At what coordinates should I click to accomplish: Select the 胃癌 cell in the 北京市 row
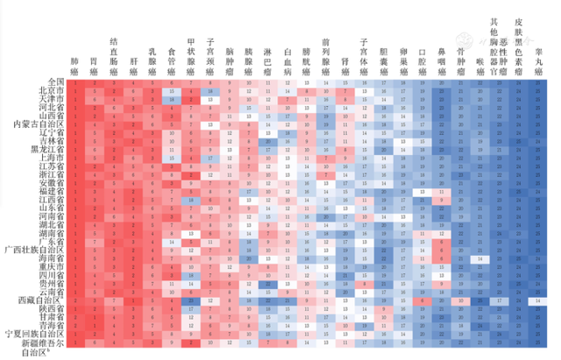[x=94, y=90]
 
